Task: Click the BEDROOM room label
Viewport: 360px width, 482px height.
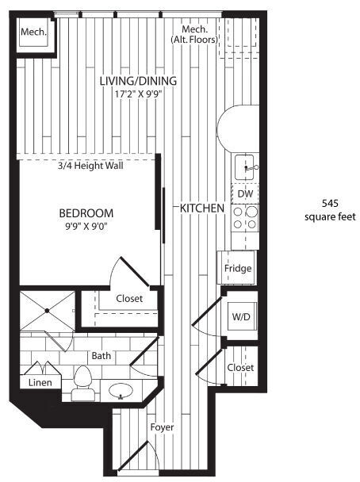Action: click(x=86, y=213)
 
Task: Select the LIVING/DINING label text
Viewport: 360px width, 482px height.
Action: click(x=138, y=82)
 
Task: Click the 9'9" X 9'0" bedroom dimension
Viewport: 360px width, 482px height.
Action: click(x=86, y=228)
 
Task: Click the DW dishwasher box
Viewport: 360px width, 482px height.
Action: click(x=245, y=193)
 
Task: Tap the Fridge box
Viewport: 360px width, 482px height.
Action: click(x=238, y=268)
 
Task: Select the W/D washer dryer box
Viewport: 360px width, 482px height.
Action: click(x=241, y=317)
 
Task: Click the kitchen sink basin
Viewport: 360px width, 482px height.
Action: click(x=247, y=166)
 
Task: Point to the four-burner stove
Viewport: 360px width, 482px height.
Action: click(x=245, y=217)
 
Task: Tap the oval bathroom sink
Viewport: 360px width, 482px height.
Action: click(x=121, y=390)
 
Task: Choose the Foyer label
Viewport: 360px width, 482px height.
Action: click(x=162, y=428)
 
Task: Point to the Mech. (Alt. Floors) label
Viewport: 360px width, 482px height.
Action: click(x=194, y=33)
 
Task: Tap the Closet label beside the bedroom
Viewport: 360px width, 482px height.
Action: click(x=129, y=299)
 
